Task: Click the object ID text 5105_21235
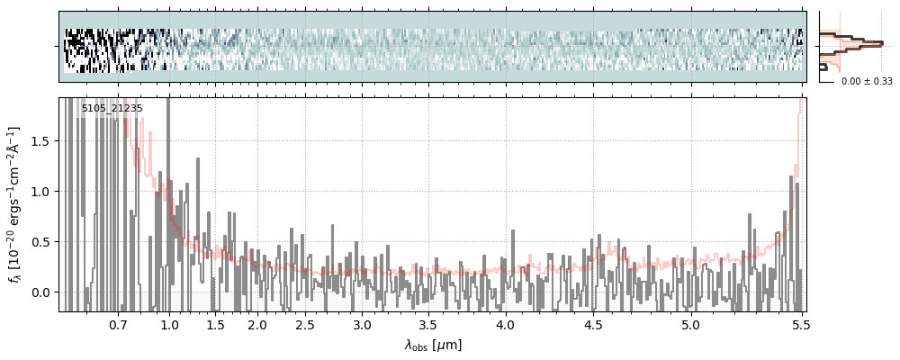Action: (112, 109)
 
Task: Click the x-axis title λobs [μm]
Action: (432, 345)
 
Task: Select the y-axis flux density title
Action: (15, 205)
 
